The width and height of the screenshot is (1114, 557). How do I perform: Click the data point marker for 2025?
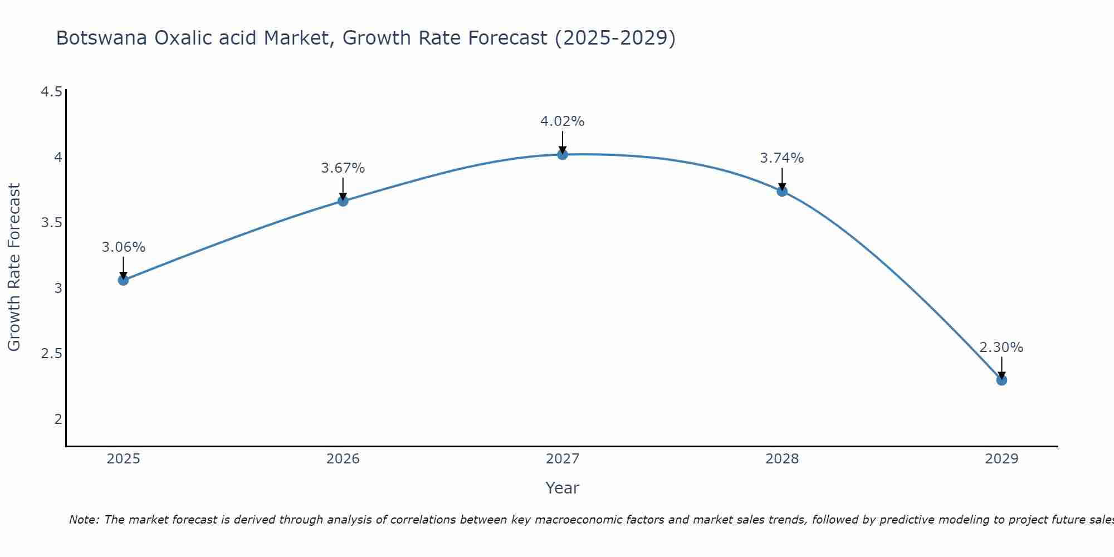click(123, 280)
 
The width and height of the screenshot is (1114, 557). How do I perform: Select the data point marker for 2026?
click(343, 201)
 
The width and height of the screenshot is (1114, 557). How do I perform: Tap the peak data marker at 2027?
click(563, 154)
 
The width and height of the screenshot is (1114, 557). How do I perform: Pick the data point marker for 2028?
click(782, 191)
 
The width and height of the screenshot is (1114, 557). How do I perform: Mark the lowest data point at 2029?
click(1001, 380)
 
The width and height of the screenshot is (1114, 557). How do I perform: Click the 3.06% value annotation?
click(123, 247)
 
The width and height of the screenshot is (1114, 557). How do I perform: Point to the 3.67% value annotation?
click(343, 168)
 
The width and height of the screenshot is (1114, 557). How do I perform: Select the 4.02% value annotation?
click(563, 121)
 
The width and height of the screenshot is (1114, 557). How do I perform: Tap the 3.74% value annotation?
click(782, 158)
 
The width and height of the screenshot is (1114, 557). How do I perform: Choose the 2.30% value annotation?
click(1001, 348)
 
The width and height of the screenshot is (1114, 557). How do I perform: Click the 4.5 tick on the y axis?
click(51, 92)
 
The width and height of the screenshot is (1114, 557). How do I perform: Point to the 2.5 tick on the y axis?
click(51, 354)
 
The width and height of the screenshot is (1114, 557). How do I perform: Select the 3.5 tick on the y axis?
click(51, 223)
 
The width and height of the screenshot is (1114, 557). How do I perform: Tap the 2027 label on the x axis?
click(563, 459)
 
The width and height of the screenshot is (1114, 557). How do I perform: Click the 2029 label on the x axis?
click(1001, 459)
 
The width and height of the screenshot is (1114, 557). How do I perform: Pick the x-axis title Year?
click(563, 488)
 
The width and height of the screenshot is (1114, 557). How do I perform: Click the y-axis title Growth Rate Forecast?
click(14, 267)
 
